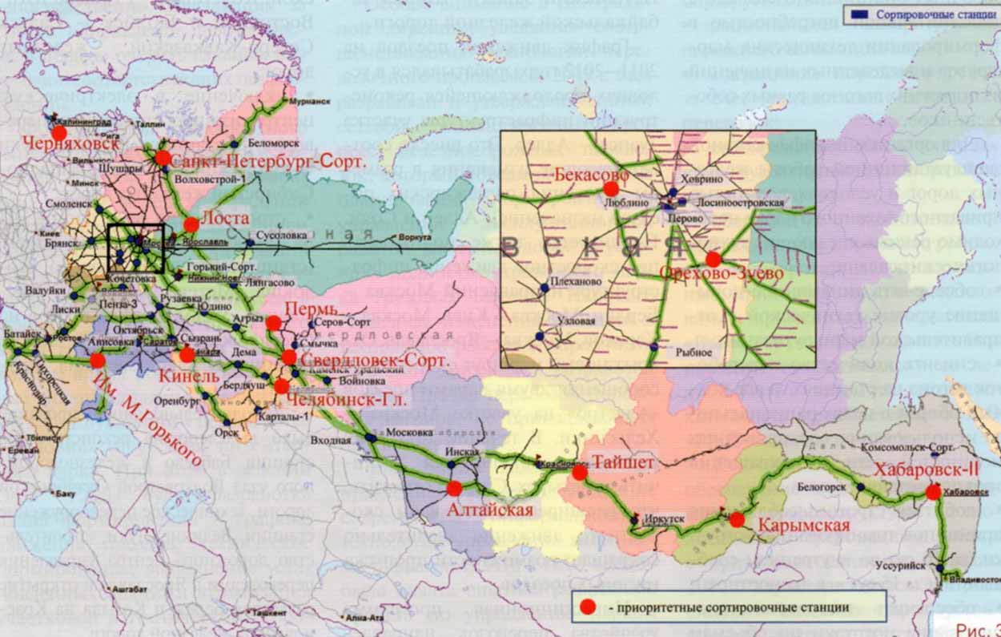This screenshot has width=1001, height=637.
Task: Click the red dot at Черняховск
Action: pos(58,131)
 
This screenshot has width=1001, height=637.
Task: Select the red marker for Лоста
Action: pos(191,224)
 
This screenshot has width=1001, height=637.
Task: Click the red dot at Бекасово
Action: pos(611,189)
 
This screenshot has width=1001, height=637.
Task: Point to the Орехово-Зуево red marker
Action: pos(713,259)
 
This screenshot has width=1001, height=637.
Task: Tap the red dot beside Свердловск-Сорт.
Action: pos(289,357)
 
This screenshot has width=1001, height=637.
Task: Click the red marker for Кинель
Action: pos(187,355)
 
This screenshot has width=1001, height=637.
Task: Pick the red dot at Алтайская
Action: pos(454,488)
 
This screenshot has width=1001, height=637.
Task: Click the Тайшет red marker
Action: pos(580,473)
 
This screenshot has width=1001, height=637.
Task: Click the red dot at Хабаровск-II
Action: pos(933,492)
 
